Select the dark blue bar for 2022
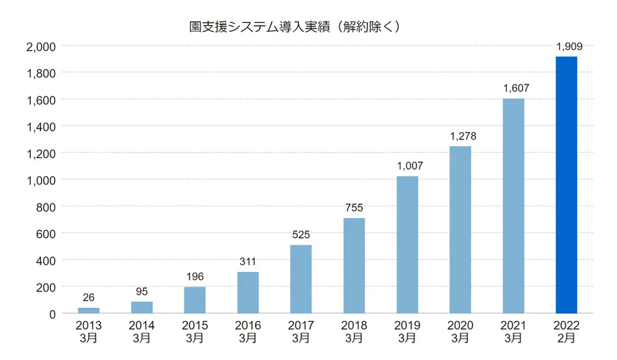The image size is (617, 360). [x=566, y=184]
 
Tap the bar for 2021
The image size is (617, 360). [x=513, y=206]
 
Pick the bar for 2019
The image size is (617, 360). [x=407, y=245]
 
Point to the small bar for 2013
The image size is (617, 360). [x=88, y=311]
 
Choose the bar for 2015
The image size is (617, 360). [x=195, y=300]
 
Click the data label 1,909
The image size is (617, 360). [x=566, y=47]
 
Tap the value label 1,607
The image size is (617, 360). [x=513, y=88]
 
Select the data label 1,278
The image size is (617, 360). [x=460, y=136]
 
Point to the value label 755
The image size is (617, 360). [x=354, y=208]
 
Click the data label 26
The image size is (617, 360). [x=88, y=298]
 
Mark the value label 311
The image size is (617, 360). [x=248, y=261]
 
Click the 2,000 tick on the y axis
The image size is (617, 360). [x=41, y=46]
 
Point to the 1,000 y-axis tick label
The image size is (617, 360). [x=41, y=180]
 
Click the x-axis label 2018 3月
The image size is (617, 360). [x=354, y=332]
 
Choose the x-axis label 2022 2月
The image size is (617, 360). [x=566, y=332]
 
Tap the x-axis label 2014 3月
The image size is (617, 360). [x=142, y=332]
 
